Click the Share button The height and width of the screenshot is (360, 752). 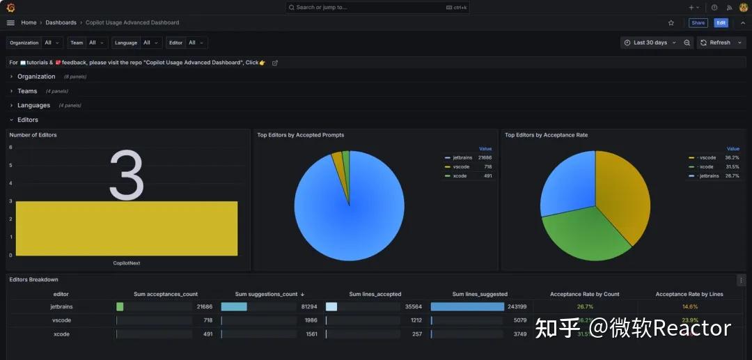(698, 23)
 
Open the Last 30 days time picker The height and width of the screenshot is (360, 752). (649, 42)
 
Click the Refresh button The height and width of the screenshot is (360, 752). (719, 42)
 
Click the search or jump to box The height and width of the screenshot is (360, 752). (376, 7)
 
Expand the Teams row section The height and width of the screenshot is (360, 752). (27, 91)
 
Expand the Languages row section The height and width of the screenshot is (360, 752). (33, 105)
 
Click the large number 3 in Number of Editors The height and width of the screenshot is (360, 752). (127, 177)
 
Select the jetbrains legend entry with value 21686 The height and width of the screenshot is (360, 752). (462, 158)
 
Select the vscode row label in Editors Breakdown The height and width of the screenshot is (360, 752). (61, 320)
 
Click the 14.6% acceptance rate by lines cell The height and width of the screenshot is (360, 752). (689, 306)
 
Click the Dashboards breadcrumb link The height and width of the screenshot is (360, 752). (61, 23)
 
